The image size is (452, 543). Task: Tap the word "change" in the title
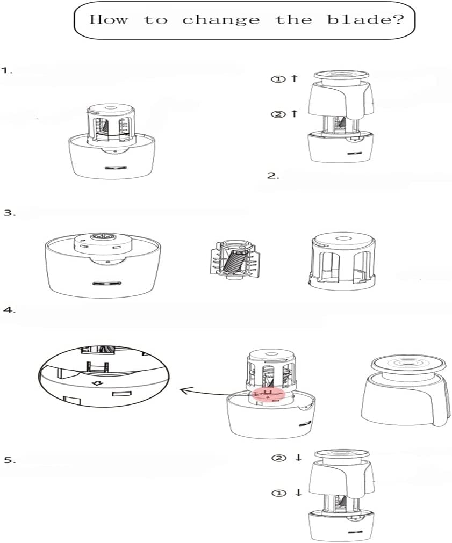[x=221, y=20]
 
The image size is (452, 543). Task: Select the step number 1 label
[x=8, y=70]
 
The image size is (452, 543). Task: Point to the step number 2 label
[x=273, y=176]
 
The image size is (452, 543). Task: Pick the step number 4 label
[x=10, y=309]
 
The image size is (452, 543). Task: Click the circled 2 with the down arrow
[x=286, y=458]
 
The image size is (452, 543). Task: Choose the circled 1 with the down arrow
[x=286, y=493]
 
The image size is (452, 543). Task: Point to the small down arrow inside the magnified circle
[x=99, y=383]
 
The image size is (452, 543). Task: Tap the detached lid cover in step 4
[x=404, y=392]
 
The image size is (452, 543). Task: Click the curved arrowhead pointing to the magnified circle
[x=184, y=390]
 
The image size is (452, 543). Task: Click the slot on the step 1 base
[x=116, y=168]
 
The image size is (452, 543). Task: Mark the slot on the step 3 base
[x=106, y=283]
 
